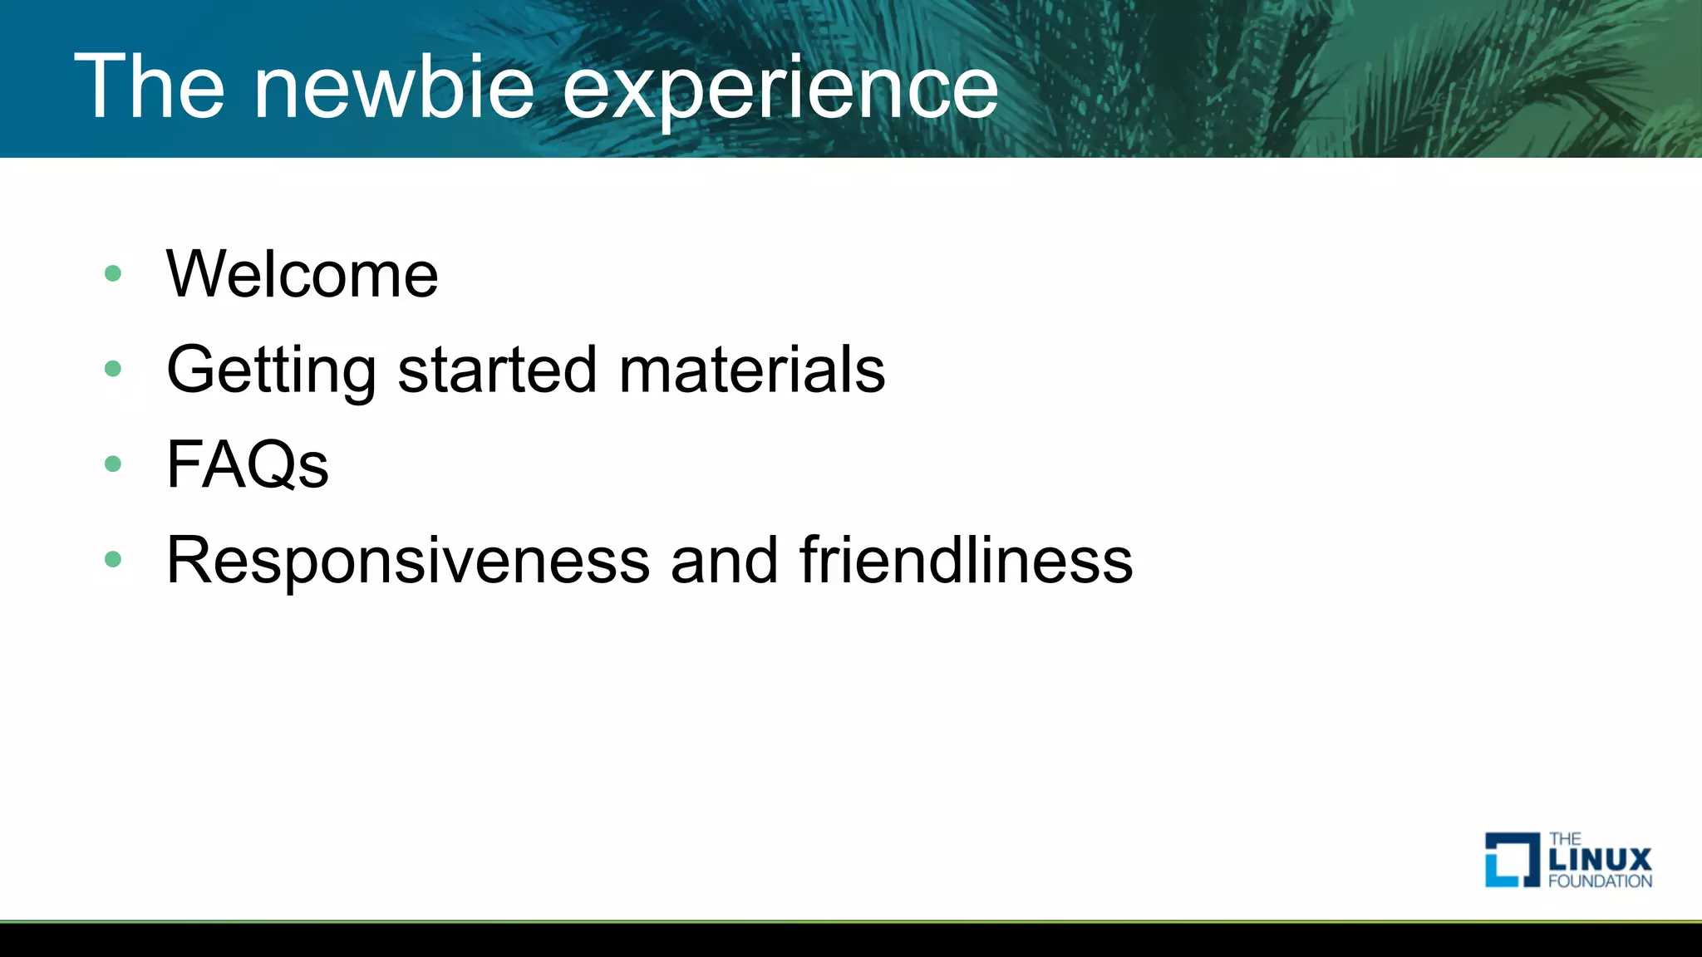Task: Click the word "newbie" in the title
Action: [394, 86]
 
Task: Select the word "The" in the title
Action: [150, 86]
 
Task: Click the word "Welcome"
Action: [302, 274]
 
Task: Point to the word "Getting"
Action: [271, 371]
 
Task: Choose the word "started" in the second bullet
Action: [497, 369]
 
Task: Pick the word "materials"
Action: [752, 369]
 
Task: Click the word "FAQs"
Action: [247, 465]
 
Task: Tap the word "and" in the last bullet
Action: [724, 560]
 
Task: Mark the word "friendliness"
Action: [966, 560]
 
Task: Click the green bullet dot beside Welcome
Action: [113, 273]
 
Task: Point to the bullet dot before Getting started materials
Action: [113, 368]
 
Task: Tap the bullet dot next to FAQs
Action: [113, 464]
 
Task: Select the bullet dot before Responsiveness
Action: [113, 559]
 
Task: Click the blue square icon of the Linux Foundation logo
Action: [1512, 860]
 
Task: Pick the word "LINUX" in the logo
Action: [1600, 860]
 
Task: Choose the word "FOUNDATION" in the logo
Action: [1600, 881]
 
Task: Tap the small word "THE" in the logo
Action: [1565, 839]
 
